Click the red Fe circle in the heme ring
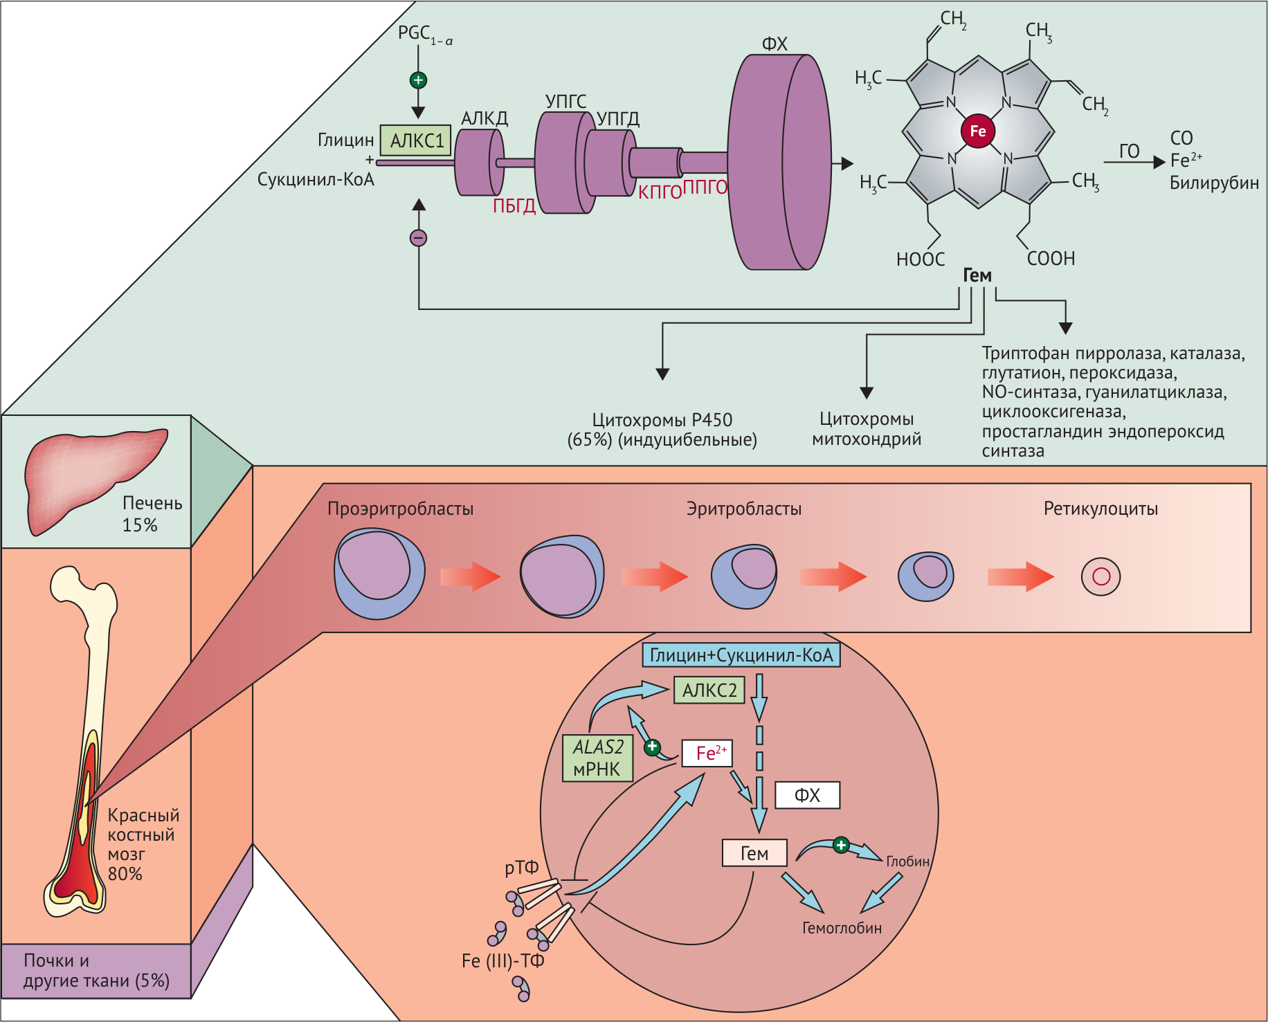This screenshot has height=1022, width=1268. [x=977, y=131]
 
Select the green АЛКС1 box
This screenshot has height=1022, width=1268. [x=416, y=140]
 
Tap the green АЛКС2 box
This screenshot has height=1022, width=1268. [x=709, y=690]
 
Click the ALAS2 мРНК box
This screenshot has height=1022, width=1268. [x=598, y=758]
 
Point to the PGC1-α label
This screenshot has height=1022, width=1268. [x=424, y=34]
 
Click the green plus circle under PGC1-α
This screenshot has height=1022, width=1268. [x=418, y=80]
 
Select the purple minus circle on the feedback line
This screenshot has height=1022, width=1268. [x=418, y=238]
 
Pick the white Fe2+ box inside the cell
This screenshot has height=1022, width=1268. [x=707, y=753]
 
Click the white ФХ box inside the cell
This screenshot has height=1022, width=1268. [x=807, y=795]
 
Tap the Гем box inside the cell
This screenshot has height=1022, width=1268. [x=754, y=853]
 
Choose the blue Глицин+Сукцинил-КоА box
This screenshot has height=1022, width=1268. [x=741, y=655]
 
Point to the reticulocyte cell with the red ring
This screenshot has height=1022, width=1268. [x=1101, y=576]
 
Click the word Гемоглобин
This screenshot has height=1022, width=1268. [x=842, y=928]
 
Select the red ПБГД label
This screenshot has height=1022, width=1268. [x=514, y=206]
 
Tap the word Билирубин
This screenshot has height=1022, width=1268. [x=1214, y=183]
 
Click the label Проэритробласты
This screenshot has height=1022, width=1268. [x=400, y=509]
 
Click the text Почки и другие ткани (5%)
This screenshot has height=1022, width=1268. [x=96, y=970]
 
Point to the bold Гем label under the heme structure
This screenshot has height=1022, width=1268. [x=977, y=275]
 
